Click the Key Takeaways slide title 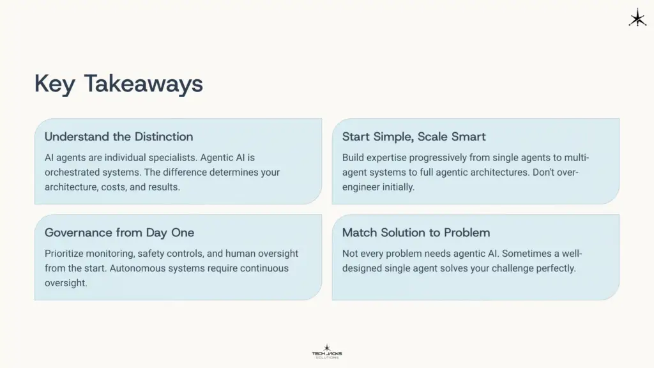(118, 84)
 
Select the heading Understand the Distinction (119, 137)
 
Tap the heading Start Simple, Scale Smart (414, 137)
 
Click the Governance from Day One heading (119, 233)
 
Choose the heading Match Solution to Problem (416, 233)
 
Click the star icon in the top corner (637, 18)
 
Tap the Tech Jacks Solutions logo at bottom (326, 351)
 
